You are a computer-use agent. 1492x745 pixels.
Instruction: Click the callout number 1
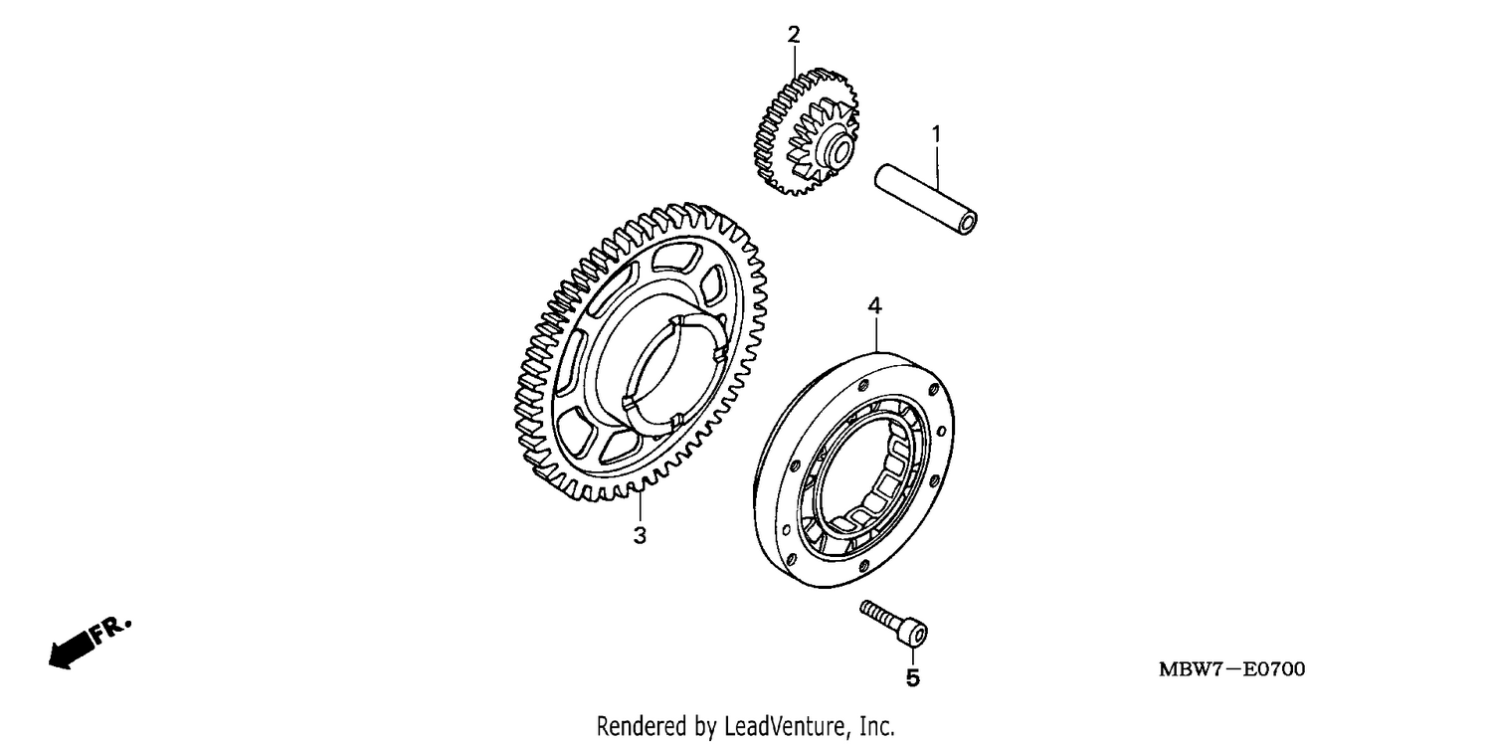[x=936, y=134]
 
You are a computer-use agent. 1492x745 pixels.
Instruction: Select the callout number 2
[x=793, y=35]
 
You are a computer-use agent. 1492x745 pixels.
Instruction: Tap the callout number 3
[x=640, y=535]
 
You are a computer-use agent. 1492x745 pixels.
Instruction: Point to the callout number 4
[x=874, y=306]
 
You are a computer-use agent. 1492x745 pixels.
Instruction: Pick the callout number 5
[x=912, y=678]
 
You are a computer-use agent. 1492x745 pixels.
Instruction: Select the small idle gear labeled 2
[x=807, y=131]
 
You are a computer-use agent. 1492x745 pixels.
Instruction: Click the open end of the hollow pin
[x=967, y=224]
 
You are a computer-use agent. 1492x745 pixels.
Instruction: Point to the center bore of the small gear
[x=840, y=150]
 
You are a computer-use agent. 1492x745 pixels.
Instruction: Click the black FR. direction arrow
[x=72, y=649]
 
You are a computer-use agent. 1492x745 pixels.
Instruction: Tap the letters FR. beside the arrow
[x=111, y=630]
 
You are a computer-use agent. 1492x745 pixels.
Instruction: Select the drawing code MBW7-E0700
[x=1231, y=669]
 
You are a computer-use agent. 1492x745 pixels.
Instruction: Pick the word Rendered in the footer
[x=642, y=726]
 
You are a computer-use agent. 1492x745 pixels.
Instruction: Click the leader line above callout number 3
[x=640, y=507]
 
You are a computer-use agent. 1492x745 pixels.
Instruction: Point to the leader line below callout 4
[x=876, y=334]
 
